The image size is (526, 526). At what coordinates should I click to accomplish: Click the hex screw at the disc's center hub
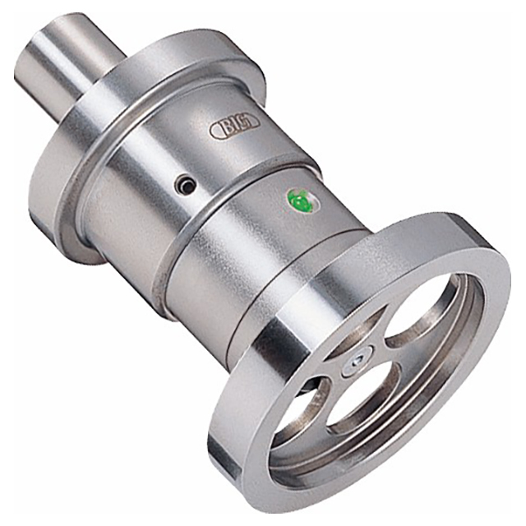click(x=358, y=362)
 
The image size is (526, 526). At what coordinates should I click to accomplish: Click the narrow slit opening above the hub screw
click(x=356, y=330)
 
